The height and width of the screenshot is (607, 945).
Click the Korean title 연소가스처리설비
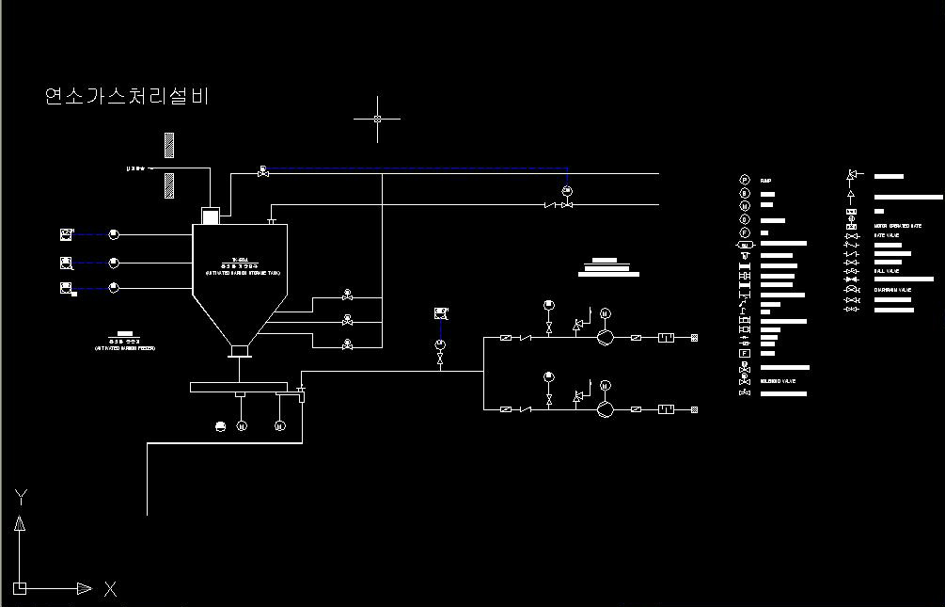126,96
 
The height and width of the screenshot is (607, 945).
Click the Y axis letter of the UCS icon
20,496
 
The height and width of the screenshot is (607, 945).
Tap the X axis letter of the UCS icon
110,589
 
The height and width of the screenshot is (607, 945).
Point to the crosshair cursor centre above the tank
377,120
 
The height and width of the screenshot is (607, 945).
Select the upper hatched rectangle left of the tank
169,145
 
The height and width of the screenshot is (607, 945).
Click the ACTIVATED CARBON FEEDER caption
125,348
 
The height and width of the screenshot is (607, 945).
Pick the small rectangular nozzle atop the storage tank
210,216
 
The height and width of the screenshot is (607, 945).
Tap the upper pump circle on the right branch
605,337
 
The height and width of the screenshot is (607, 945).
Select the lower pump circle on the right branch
605,409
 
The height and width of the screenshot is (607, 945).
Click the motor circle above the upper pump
605,313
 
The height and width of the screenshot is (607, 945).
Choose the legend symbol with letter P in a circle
744,180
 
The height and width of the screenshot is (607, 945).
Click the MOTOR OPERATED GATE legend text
898,226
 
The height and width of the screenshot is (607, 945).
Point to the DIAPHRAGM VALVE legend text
893,290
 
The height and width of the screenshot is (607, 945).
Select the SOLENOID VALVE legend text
779,381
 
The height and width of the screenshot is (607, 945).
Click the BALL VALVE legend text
887,271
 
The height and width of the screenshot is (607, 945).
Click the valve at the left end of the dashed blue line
263,172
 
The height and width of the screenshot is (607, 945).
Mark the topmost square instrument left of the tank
66,233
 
